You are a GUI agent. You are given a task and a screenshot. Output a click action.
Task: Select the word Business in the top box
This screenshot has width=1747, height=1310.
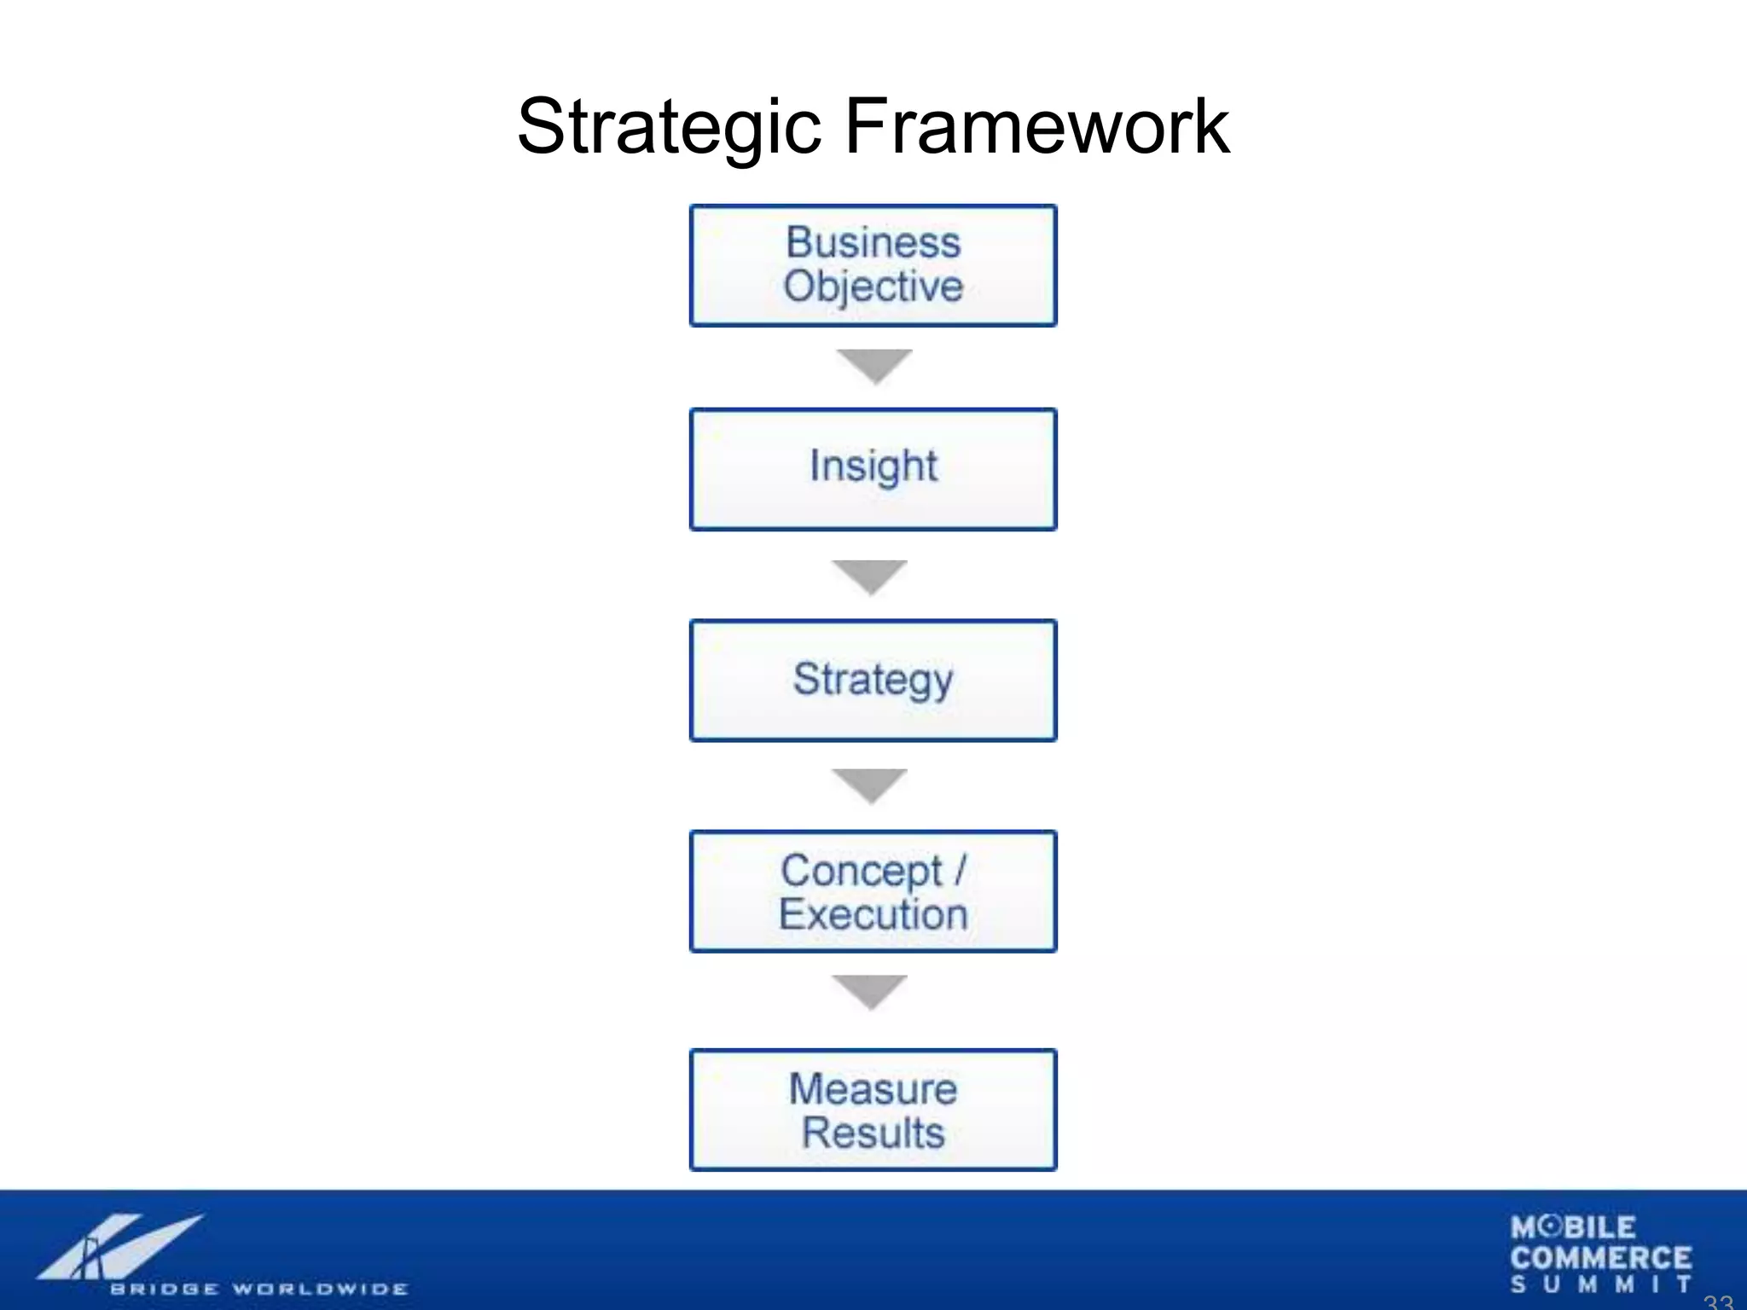[873, 242]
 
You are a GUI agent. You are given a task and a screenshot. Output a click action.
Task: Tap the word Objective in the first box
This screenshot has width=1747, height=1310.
[873, 287]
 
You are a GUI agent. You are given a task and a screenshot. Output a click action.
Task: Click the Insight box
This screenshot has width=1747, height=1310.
[873, 469]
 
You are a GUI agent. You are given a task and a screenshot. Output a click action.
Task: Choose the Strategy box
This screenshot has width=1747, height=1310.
[873, 681]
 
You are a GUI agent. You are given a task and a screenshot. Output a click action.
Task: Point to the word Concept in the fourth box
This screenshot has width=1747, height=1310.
[862, 871]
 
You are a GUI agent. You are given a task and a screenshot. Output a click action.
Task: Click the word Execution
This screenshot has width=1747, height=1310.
[873, 915]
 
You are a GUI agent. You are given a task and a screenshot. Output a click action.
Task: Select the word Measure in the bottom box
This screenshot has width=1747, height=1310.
[873, 1089]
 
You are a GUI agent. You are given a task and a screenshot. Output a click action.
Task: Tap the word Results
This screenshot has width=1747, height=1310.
[873, 1133]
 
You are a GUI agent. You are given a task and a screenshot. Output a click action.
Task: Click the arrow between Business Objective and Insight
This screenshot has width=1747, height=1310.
[873, 365]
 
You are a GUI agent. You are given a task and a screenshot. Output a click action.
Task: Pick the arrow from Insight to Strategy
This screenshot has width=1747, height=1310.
[869, 576]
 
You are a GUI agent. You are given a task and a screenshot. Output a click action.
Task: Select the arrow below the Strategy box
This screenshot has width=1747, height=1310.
[869, 785]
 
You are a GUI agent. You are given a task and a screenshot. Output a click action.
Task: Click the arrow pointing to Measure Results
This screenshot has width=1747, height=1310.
[869, 990]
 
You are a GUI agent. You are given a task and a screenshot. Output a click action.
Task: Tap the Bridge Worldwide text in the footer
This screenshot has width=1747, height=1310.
[258, 1289]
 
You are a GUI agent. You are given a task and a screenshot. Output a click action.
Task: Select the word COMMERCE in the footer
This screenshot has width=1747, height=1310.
[1600, 1258]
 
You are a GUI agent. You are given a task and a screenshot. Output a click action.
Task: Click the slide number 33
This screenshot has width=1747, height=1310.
[1718, 1301]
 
